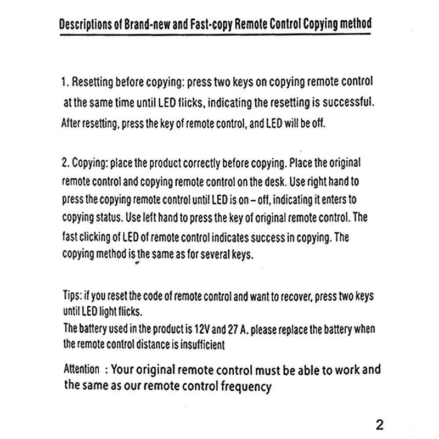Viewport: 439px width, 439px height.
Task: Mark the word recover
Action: coord(305,296)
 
